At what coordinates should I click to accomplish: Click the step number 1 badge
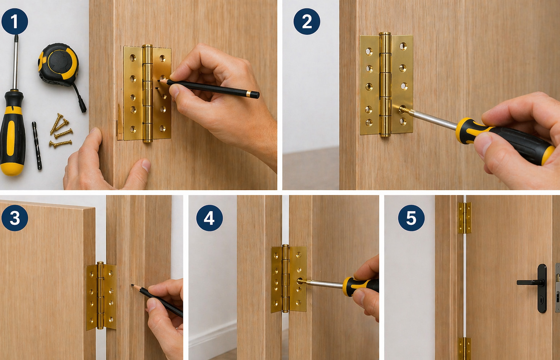[x=14, y=21]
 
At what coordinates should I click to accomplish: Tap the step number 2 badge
[x=307, y=21]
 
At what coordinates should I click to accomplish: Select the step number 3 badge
[x=14, y=218]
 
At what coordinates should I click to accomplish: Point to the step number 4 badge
[x=209, y=218]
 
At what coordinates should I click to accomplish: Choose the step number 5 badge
[x=411, y=218]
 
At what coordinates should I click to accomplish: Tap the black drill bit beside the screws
[x=37, y=145]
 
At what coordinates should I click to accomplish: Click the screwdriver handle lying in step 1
[x=13, y=134]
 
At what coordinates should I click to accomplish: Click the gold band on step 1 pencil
[x=249, y=94]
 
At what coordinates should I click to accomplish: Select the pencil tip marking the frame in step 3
[x=132, y=285]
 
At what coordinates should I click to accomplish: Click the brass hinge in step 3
[x=101, y=296]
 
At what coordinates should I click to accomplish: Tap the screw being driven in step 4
[x=301, y=281]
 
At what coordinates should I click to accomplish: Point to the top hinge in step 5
[x=465, y=218]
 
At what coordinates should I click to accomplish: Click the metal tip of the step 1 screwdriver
[x=16, y=38]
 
